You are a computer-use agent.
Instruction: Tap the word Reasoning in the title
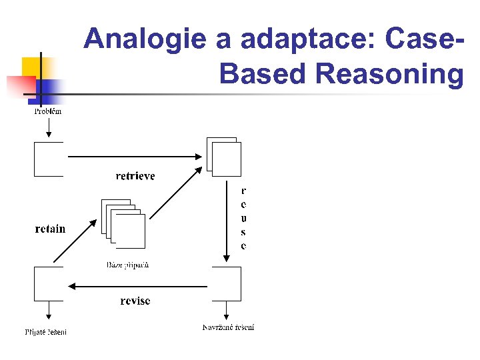pyautogui.click(x=390, y=75)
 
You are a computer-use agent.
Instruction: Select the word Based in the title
pyautogui.click(x=263, y=74)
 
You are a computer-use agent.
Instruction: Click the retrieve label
pyautogui.click(x=135, y=176)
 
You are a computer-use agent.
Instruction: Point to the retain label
pyautogui.click(x=51, y=229)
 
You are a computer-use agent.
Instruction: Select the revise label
pyautogui.click(x=135, y=301)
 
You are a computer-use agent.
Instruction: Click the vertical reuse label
pyautogui.click(x=243, y=218)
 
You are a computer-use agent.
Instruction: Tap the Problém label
pyautogui.click(x=48, y=111)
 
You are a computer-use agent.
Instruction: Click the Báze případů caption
pyautogui.click(x=128, y=265)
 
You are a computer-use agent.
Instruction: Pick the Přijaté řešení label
pyautogui.click(x=46, y=331)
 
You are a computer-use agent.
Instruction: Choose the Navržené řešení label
pyautogui.click(x=229, y=327)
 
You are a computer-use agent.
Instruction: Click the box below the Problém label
pyautogui.click(x=49, y=159)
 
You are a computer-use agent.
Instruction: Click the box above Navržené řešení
pyautogui.click(x=227, y=284)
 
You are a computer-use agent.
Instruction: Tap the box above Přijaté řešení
pyautogui.click(x=49, y=284)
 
